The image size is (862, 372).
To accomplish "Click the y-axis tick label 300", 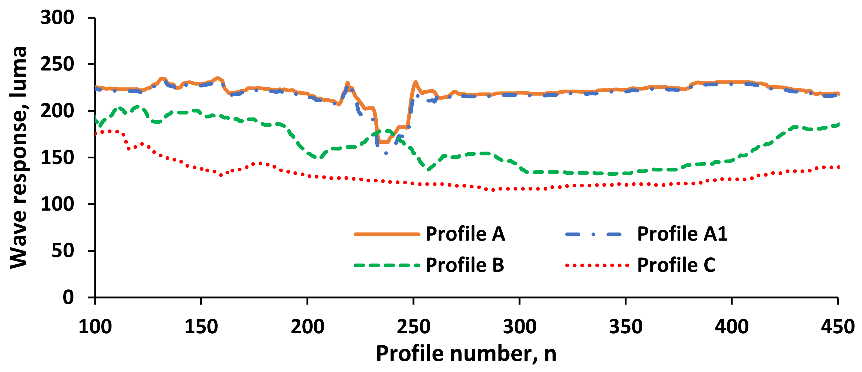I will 57,17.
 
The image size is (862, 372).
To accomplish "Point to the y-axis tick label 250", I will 57,64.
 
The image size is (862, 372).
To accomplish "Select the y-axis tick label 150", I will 57,157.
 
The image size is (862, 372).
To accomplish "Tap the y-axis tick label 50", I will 63,251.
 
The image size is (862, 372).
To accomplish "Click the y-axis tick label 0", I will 68,297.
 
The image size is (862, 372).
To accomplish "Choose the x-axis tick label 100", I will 95,326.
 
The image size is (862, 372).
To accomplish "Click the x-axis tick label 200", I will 307,326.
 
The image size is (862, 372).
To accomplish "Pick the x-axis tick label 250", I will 413,326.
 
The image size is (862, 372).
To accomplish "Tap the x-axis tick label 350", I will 626,326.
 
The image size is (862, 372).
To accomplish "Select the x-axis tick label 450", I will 837,326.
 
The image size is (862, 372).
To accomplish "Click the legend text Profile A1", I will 682,234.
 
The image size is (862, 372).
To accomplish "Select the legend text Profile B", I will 465,265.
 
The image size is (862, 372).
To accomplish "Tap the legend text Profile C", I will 676,265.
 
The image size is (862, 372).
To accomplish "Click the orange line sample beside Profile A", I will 387,234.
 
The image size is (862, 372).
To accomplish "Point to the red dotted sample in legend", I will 597,265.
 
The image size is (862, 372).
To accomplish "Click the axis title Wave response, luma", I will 18,157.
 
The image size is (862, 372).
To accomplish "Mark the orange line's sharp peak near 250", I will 415,82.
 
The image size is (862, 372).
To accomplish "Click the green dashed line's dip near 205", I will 318,157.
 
